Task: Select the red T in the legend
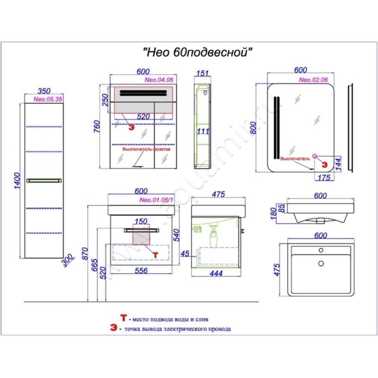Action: pos(124,318)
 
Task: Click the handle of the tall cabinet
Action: pos(44,180)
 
